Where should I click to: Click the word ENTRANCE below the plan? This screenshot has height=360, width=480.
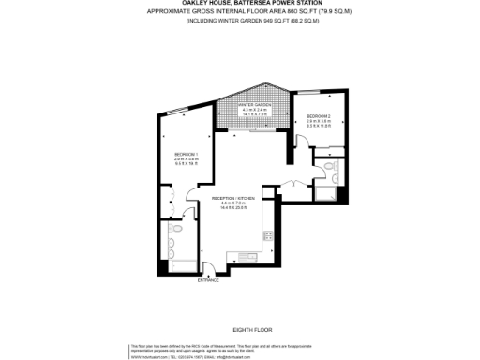point(208,280)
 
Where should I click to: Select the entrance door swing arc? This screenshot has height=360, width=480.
point(208,268)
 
